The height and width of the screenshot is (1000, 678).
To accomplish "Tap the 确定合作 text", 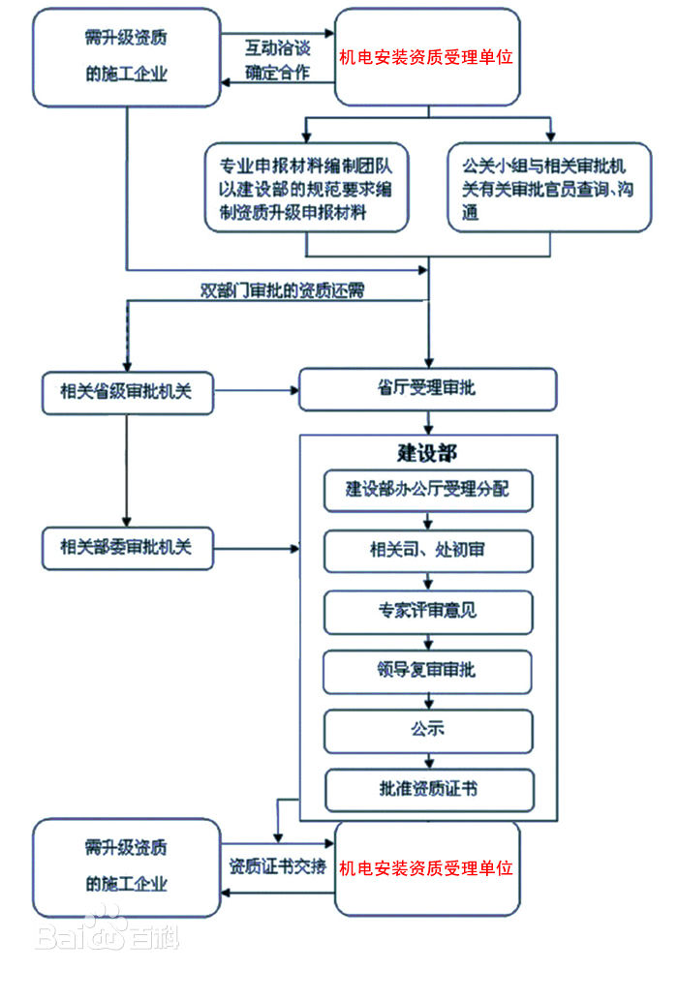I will (277, 72).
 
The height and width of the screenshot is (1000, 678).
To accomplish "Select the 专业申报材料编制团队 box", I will (306, 187).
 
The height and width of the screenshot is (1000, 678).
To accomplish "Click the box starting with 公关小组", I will (549, 187).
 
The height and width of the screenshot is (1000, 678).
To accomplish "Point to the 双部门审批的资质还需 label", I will (282, 289).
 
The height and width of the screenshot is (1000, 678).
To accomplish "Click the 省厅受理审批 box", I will (427, 390).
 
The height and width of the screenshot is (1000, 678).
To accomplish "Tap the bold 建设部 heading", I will (427, 453).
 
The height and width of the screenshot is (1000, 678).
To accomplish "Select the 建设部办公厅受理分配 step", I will (427, 490).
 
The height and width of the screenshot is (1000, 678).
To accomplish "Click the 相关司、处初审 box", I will (427, 550).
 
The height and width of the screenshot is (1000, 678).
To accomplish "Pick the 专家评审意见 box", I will (427, 611).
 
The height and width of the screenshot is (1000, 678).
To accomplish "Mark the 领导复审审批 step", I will (427, 670).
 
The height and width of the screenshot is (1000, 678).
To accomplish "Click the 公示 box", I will (427, 730).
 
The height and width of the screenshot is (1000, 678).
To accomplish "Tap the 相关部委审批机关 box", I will (127, 548).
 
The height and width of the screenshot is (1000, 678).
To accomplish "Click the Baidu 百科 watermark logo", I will (107, 931).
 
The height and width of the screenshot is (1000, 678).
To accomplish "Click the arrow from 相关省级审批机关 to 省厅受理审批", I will (256, 391).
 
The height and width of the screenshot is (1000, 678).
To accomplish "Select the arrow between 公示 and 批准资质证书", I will (428, 761).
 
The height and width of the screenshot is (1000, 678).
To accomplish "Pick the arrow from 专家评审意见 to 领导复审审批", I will (428, 641).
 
